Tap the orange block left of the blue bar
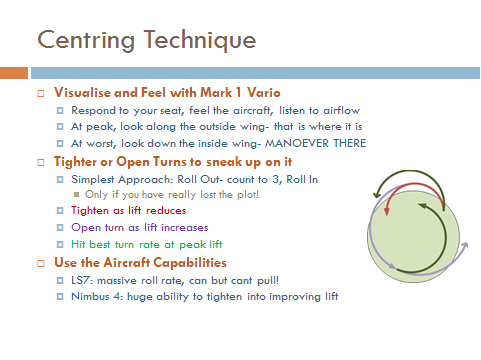(13, 72)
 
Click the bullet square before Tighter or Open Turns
(41, 160)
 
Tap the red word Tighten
(90, 211)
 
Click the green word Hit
(79, 244)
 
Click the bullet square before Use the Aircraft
(41, 262)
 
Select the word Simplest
(93, 177)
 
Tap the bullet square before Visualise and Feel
(41, 92)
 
